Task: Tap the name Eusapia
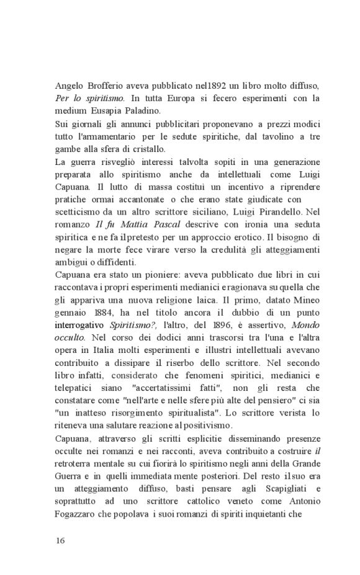point(114,110)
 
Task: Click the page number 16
point(60,540)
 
